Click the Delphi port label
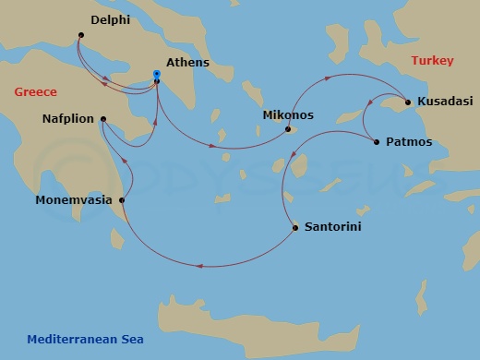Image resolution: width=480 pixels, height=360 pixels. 111,18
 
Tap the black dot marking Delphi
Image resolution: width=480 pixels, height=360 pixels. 80,35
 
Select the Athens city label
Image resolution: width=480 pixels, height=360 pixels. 187,64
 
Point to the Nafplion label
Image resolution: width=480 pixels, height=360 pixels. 68,119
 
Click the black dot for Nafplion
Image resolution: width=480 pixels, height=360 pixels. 102,119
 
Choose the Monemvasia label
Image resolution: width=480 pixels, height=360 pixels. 73,199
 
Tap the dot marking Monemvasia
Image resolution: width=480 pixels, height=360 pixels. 122,199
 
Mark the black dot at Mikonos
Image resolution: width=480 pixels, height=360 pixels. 288,129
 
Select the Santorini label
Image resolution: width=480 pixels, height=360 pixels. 332,226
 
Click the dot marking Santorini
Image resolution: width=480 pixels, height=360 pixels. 294,227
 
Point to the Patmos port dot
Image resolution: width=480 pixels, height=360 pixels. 376,141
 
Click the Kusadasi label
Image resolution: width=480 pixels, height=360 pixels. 445,101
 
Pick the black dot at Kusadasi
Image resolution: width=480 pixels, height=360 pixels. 407,102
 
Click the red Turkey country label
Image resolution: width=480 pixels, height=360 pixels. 432,61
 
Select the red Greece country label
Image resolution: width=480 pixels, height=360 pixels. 35,92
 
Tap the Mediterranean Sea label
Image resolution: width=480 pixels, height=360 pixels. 85,339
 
